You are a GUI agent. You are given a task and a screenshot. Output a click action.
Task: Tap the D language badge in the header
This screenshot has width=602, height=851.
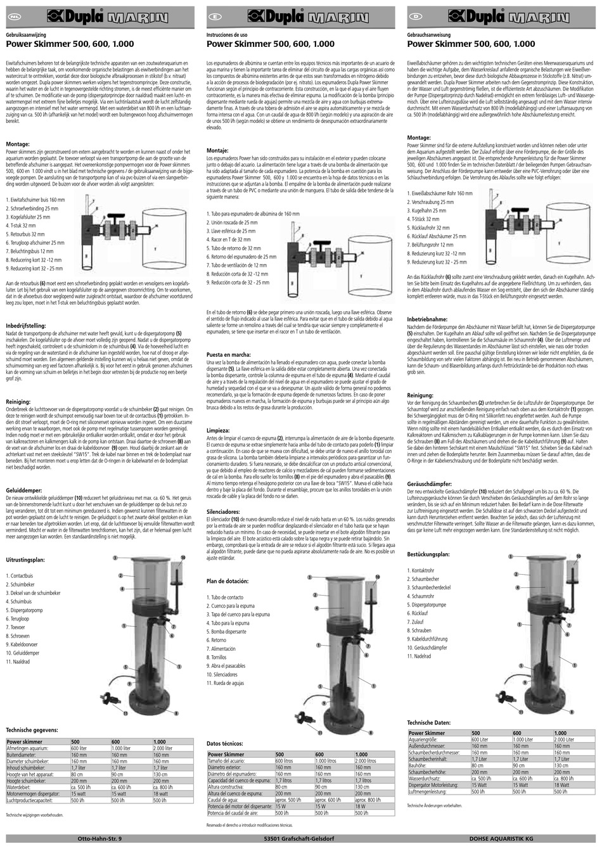[416, 13]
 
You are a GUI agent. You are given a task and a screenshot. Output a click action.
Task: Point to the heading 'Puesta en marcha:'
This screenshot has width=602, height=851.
[227, 354]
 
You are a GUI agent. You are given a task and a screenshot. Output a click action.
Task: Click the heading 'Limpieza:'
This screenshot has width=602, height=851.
[219, 430]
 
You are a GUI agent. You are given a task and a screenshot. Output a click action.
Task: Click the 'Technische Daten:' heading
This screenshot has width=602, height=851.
[428, 722]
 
